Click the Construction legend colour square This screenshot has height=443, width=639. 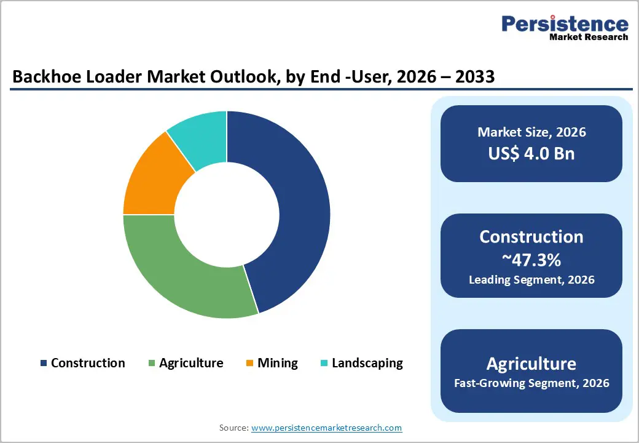44,364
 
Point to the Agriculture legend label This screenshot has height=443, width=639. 191,363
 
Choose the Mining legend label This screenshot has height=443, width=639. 278,363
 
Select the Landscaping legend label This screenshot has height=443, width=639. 367,363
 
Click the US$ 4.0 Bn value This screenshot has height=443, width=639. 531,153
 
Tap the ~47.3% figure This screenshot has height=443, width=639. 531,260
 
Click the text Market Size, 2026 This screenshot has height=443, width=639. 531,132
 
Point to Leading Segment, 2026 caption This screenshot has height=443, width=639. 531,280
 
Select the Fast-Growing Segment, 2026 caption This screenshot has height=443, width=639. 531,383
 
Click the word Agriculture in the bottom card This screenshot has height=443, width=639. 531,363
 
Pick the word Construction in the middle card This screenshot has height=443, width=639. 531,237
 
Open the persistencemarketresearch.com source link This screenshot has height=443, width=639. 326,428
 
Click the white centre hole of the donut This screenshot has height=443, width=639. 227,215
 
